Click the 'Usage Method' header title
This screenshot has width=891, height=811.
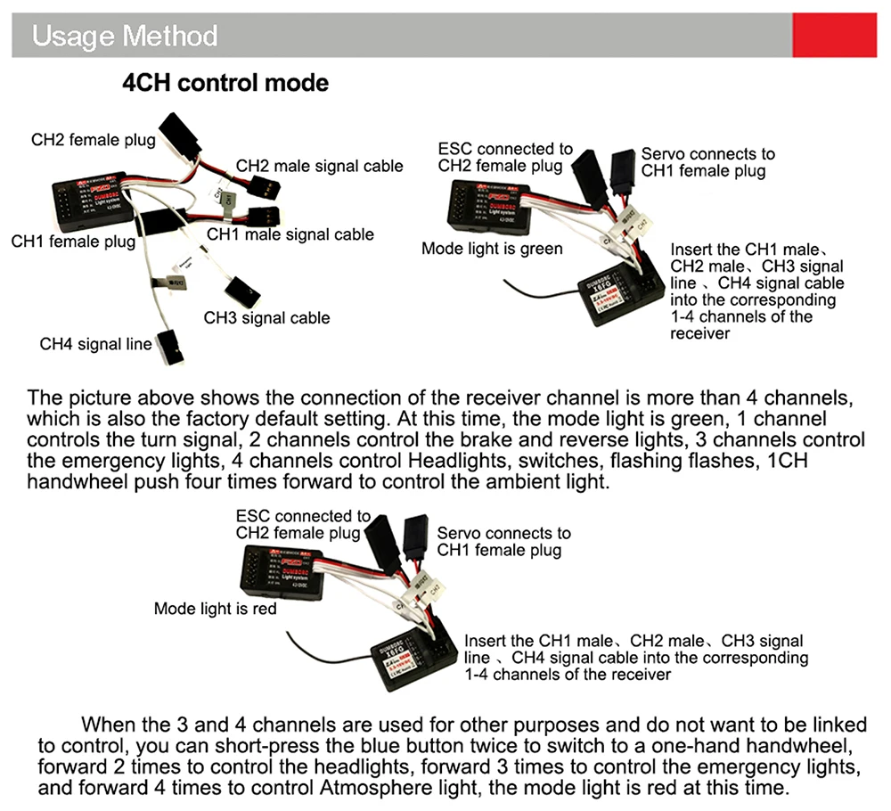pyautogui.click(x=125, y=37)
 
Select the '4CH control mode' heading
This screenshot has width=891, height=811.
pyautogui.click(x=225, y=84)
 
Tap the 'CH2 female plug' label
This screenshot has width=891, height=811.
pyautogui.click(x=93, y=139)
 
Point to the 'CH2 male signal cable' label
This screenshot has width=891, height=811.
pyautogui.click(x=319, y=166)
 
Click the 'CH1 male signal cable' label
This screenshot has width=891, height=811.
pyautogui.click(x=290, y=234)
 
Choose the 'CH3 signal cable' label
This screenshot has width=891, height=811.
pyautogui.click(x=266, y=317)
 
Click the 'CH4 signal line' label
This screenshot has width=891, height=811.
pyautogui.click(x=95, y=344)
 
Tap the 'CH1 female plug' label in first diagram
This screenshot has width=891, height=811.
pyautogui.click(x=73, y=242)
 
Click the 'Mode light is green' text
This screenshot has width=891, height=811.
pyautogui.click(x=492, y=249)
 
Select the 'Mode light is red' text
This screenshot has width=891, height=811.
pyautogui.click(x=215, y=609)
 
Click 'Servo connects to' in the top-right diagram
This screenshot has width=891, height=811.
pyautogui.click(x=707, y=154)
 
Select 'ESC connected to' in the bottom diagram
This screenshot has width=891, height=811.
pyautogui.click(x=303, y=516)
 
